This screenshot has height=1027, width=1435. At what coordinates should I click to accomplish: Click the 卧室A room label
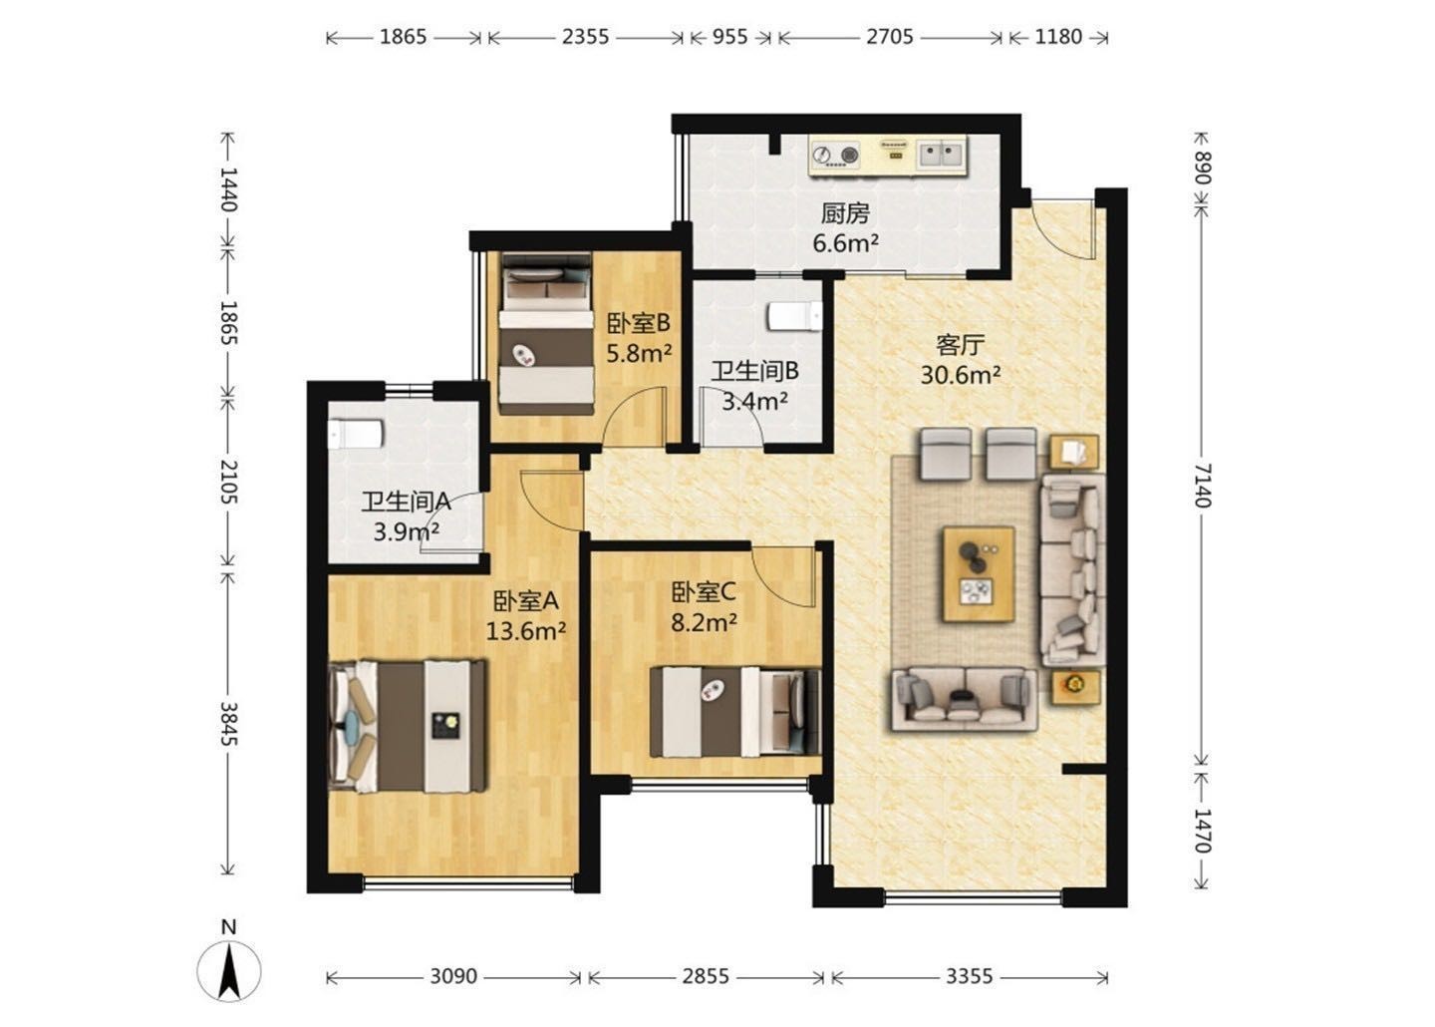pos(525,600)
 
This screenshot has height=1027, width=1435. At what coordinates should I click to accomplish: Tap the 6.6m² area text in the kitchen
pos(845,243)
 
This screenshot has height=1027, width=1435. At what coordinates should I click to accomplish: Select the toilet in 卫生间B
pos(795,317)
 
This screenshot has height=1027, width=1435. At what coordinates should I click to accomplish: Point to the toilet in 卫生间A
pos(356,434)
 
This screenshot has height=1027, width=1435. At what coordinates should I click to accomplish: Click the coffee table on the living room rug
pos(979,574)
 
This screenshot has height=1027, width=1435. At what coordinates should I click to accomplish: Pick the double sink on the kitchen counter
pos(941,155)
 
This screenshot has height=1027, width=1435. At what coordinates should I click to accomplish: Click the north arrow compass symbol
pos(229,970)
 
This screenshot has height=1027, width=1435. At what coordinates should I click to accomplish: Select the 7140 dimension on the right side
pos(1201,486)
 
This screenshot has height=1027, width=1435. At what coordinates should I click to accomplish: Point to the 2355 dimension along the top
pos(585,37)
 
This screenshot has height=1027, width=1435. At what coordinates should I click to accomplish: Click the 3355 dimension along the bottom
pos(969,976)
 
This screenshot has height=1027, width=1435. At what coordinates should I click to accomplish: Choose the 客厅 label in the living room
pos(960,346)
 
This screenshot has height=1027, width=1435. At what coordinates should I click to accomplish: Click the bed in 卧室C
pos(734,712)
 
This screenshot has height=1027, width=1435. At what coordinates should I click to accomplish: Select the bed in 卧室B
pos(546,333)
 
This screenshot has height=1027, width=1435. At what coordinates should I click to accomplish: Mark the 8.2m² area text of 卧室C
pos(704,622)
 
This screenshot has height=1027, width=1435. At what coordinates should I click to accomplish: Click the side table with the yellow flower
pos(1075,688)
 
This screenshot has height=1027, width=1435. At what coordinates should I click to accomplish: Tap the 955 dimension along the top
pos(729,37)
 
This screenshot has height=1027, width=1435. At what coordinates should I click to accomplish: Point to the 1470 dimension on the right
pos(1201,831)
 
